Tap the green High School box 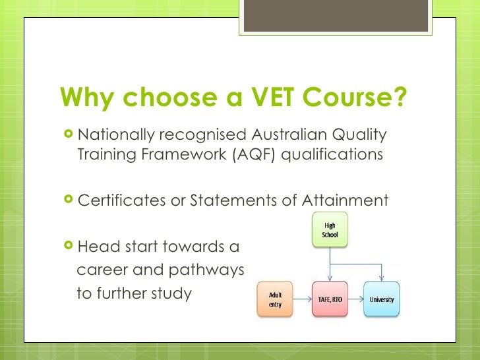pyautogui.click(x=329, y=229)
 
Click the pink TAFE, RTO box pyautogui.click(x=329, y=299)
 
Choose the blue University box pyautogui.click(x=381, y=299)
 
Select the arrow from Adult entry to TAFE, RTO pyautogui.click(x=303, y=299)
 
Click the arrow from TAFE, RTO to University pyautogui.click(x=355, y=299)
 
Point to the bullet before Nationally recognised pyautogui.click(x=68, y=135)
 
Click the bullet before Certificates pyautogui.click(x=68, y=200)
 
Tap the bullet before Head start pyautogui.click(x=68, y=247)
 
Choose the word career pyautogui.click(x=100, y=270)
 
